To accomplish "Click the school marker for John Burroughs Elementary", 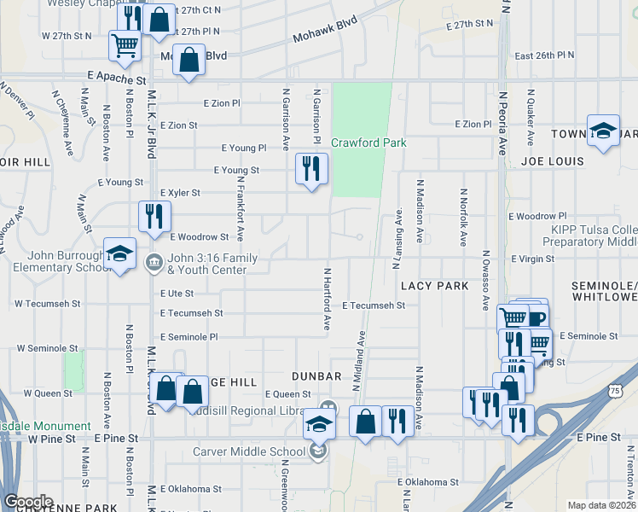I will click(119, 253).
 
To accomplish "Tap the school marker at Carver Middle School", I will click(318, 424).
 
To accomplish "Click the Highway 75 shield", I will click(616, 390).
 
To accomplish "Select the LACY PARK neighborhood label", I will click(435, 286).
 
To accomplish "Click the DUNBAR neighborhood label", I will click(316, 375).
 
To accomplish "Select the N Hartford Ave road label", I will click(325, 299).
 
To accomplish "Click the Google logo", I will click(28, 501).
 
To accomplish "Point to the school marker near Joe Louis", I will click(603, 130).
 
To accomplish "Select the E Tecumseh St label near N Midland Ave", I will click(374, 305).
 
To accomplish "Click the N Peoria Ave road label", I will click(503, 120).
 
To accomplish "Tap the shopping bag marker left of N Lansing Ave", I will click(365, 422).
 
